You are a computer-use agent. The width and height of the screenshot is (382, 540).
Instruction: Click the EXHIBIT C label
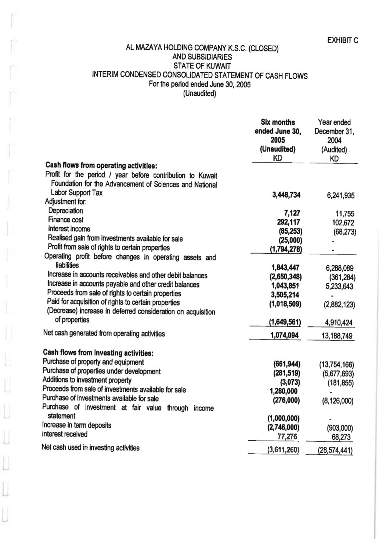pos(342,40)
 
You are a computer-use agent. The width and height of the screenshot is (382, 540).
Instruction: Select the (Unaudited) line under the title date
pos(199,93)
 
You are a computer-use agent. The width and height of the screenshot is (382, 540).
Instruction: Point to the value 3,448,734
pos(286,195)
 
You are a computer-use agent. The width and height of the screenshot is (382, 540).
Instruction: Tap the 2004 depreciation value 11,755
pos(345,214)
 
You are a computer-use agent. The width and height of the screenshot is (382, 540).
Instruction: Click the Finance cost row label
pos(66,220)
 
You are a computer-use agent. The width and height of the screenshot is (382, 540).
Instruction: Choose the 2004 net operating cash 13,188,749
pos(337,336)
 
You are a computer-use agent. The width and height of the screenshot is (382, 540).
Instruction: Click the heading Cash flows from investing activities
pos(98,353)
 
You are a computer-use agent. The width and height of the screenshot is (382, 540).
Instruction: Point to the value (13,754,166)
pos(336,365)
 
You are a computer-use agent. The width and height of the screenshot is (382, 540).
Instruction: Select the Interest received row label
pos(65,434)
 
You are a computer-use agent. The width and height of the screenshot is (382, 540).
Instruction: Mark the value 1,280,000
pos(284,391)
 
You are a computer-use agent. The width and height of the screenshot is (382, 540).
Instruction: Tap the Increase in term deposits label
pos(76,425)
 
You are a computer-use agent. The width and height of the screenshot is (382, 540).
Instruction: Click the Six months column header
pos(278,122)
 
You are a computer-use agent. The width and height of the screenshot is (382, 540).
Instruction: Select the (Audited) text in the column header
pos(334,150)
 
